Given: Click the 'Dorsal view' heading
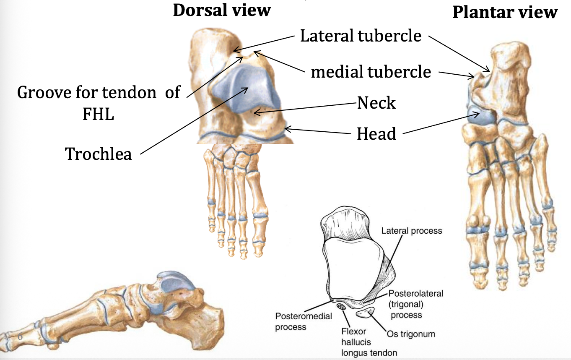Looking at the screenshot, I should (x=222, y=10).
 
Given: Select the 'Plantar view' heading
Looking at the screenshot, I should (x=505, y=13).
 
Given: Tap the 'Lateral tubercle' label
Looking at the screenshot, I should (x=361, y=36).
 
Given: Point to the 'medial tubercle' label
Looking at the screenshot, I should (x=371, y=72).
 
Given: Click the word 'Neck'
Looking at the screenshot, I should (x=376, y=102).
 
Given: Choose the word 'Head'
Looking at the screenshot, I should (x=376, y=134).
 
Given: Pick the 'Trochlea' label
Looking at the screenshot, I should (x=99, y=154).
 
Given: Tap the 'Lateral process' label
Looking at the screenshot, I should (x=411, y=231).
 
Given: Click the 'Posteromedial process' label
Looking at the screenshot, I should (x=298, y=321).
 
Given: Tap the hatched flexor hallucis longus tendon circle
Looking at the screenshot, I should (x=342, y=308).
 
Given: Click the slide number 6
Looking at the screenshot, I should (x=20, y=336).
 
